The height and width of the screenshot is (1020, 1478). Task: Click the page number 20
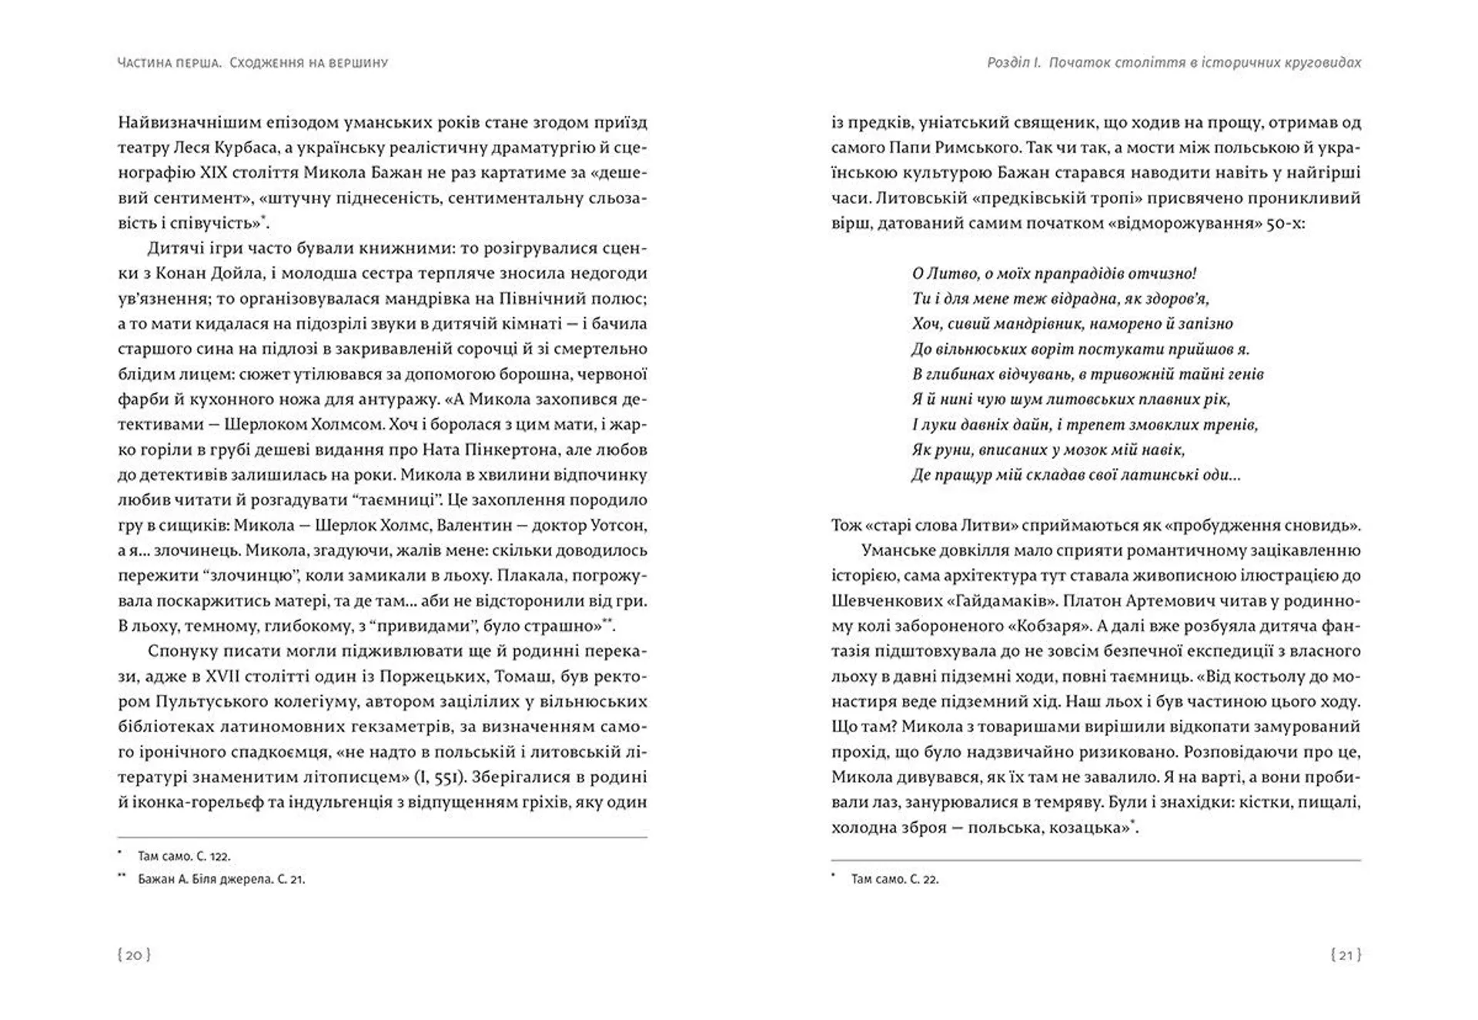[134, 955]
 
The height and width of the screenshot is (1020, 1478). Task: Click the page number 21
[1346, 955]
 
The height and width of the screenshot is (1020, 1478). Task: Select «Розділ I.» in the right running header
[1014, 62]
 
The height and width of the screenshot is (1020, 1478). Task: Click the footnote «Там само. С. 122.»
[184, 856]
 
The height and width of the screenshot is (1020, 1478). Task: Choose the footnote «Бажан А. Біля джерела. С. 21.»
[221, 879]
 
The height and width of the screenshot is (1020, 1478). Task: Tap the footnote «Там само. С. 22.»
[894, 879]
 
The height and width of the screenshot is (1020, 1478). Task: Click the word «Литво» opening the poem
[948, 273]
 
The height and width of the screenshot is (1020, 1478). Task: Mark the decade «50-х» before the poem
[1286, 223]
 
